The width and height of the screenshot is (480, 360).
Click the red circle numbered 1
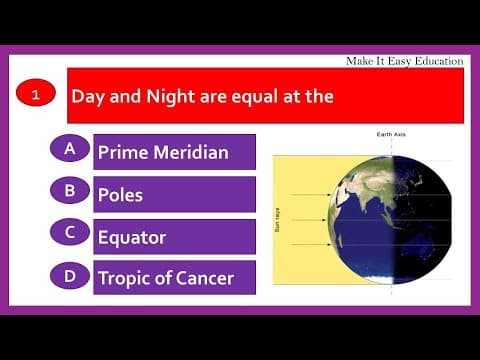point(36,95)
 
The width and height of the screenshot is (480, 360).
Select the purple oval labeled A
point(70,148)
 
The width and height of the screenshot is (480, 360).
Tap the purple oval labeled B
point(70,189)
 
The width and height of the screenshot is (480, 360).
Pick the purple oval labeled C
point(70,232)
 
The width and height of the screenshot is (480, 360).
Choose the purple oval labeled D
point(70,274)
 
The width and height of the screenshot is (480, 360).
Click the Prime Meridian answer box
point(174,152)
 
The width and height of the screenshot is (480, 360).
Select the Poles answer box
point(174,194)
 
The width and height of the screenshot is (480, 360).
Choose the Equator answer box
point(174,237)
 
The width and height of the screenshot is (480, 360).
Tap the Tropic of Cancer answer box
point(174,278)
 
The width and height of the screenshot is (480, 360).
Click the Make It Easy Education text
point(404,61)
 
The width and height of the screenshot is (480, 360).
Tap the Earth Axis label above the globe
point(390,134)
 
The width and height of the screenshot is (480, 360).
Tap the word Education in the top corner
point(435,61)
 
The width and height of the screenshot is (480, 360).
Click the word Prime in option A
point(120,152)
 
